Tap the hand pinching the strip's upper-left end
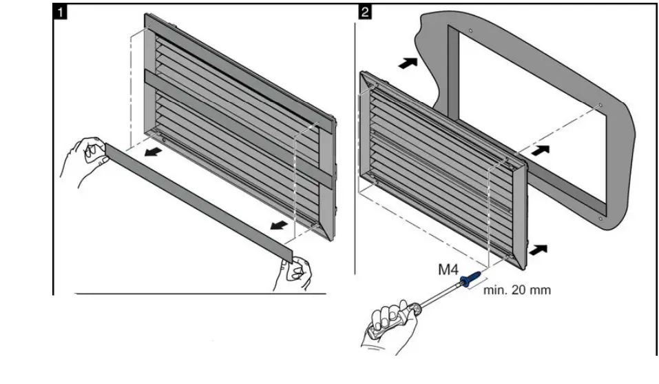point(85,161)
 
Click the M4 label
point(450,270)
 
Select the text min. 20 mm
point(517,290)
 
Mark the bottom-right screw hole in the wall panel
point(600,219)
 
